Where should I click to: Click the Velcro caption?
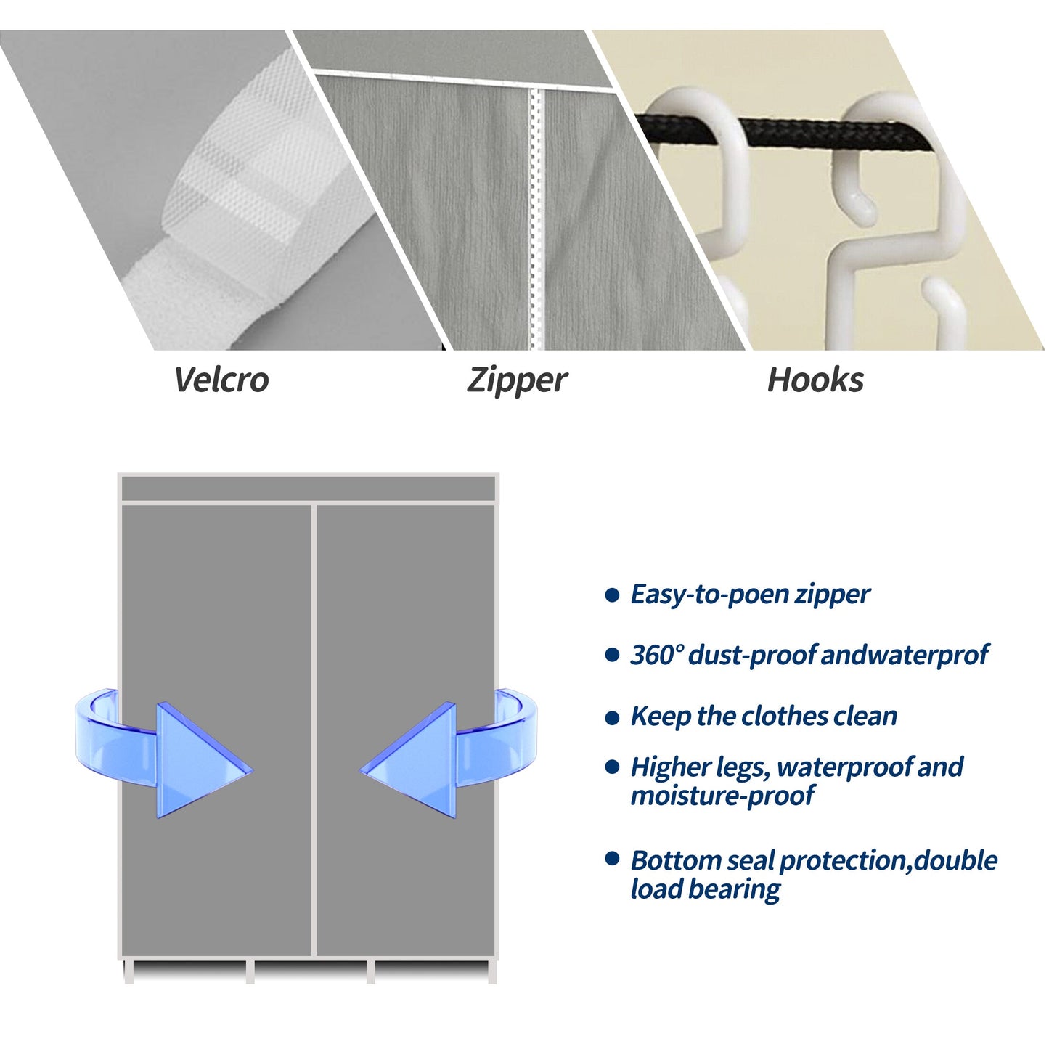click(221, 380)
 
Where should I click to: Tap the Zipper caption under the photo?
click(516, 380)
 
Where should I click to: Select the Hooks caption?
click(815, 380)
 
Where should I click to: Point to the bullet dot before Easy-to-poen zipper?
click(612, 595)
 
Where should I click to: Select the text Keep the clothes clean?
click(764, 717)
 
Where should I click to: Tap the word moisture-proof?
click(722, 796)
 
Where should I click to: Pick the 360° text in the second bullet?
click(656, 655)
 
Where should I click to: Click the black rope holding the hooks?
click(791, 135)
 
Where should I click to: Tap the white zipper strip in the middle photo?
click(536, 218)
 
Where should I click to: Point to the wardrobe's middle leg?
click(250, 971)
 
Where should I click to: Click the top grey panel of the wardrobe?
click(308, 489)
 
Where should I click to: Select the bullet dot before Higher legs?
click(612, 767)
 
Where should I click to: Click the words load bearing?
click(705, 889)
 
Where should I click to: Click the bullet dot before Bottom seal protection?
click(612, 860)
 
